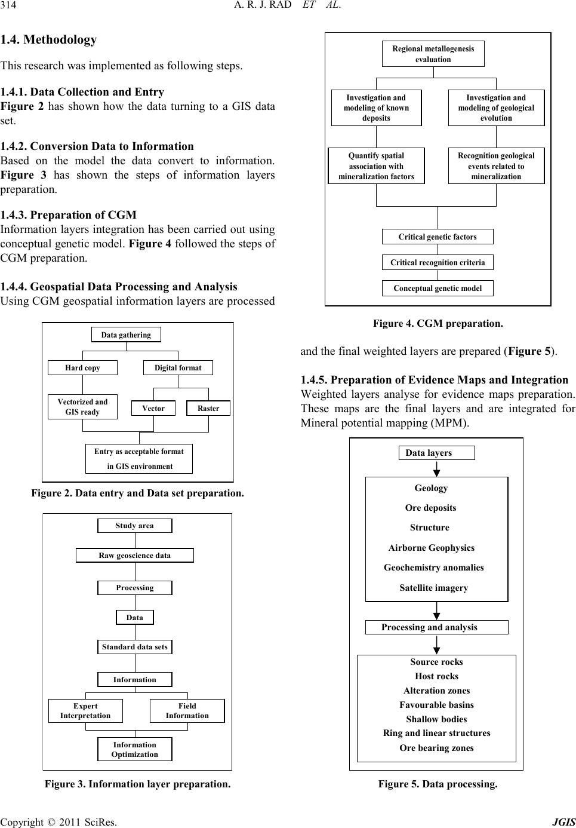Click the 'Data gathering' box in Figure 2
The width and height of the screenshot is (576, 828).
click(126, 335)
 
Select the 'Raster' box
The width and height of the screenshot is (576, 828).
click(208, 408)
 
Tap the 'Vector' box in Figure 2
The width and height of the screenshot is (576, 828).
click(153, 408)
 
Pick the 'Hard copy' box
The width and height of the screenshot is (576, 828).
click(82, 368)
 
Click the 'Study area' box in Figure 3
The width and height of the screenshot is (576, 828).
click(134, 526)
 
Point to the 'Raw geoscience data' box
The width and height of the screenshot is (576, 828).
click(134, 555)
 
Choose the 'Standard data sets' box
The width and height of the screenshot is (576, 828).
click(134, 647)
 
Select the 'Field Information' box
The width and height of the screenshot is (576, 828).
click(187, 710)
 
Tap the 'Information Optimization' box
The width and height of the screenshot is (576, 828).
click(134, 749)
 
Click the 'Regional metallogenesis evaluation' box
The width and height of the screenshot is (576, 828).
click(433, 54)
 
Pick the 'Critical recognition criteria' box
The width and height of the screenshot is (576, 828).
click(438, 262)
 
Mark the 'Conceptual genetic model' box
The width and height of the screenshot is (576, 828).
click(438, 289)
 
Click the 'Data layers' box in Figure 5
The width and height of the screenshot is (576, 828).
click(437, 453)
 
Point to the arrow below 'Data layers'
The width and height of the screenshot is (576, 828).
click(437, 468)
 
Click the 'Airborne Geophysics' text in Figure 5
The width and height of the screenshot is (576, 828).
click(432, 548)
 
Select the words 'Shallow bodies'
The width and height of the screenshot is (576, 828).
click(436, 719)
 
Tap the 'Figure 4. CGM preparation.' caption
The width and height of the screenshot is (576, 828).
click(438, 324)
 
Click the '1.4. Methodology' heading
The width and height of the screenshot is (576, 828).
click(48, 39)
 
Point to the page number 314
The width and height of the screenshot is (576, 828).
click(8, 5)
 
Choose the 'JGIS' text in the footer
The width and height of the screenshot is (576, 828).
click(564, 821)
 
